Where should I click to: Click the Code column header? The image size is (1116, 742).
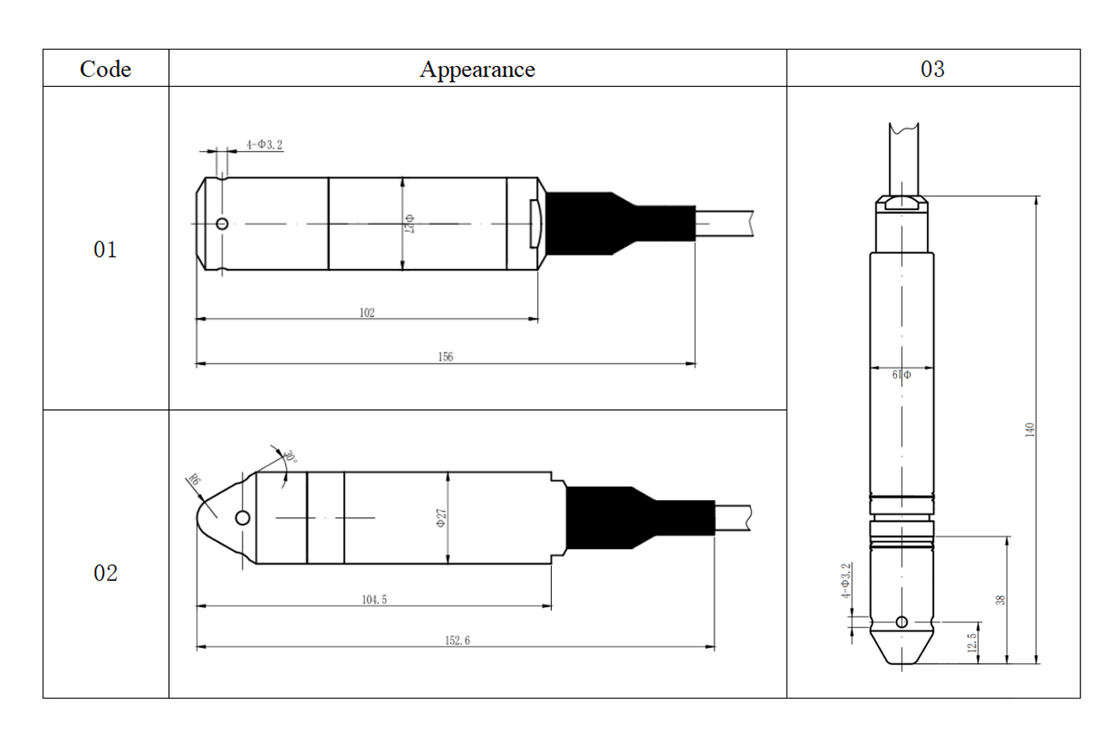pos(105,69)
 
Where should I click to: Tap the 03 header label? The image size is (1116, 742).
pos(932,69)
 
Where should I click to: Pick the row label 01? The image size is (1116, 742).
pos(105,250)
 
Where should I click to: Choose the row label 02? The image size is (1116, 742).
pos(105,573)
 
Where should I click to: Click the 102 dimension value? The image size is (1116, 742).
pos(367,312)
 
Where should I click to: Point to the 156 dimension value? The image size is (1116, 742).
pos(446,357)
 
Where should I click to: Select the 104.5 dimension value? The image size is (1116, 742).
pos(374,599)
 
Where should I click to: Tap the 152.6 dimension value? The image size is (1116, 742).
pos(457,640)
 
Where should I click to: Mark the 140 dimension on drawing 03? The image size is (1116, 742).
pos(1030,430)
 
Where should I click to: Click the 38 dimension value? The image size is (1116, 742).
pos(1001,600)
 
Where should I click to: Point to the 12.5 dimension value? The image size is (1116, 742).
pos(972,643)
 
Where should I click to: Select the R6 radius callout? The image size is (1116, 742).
pos(194,481)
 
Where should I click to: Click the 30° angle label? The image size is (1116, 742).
pos(290,457)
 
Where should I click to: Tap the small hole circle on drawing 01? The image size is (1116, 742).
pos(222,224)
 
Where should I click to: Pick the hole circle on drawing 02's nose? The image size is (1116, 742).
pos(243,518)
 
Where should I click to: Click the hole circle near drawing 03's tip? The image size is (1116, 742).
pos(902,622)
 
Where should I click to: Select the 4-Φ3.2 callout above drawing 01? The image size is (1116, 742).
pos(264,144)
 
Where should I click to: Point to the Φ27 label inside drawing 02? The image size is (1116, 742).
pos(442,518)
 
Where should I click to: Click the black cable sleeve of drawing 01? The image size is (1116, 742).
pos(620,224)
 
